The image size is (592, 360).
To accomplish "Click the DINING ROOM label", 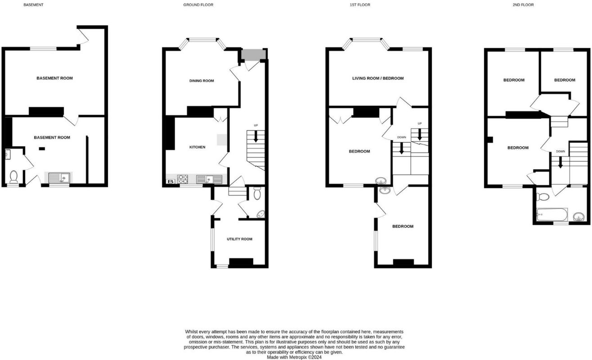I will [201, 81].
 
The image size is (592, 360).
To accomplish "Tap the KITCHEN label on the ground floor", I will [197, 147].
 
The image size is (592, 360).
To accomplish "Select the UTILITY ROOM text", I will [239, 239].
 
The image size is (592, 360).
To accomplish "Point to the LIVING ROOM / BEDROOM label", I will [378, 78].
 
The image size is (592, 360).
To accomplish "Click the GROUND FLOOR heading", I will [198, 5].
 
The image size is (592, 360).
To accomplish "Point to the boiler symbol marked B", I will [170, 181].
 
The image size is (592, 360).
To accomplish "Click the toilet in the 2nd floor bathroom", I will [543, 197].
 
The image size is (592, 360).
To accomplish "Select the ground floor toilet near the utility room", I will [257, 193].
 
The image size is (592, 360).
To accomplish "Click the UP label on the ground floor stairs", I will [256, 125].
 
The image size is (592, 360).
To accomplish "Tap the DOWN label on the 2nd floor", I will [560, 152].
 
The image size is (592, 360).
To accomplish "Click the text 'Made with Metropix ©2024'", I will [295, 358].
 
